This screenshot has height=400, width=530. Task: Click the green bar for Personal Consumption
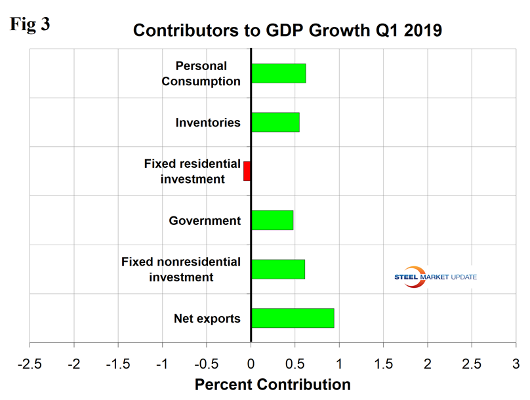coord(278,73)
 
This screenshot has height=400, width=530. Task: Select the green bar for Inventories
coord(275,123)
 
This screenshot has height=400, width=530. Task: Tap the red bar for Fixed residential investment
coord(247,171)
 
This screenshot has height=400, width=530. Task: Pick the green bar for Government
coord(272,220)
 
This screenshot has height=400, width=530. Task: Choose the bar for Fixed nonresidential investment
coord(277,270)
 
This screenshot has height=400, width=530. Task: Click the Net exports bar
coord(293,318)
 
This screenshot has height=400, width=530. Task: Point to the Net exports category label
coord(207,319)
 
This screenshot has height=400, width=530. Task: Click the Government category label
coord(205,221)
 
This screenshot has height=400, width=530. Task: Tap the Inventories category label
coord(208,123)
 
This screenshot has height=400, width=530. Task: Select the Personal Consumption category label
coord(201,73)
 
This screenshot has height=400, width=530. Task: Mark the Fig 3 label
coord(31,24)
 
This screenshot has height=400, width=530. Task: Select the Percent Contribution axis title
coord(272,384)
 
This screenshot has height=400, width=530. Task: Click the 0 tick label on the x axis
coord(251,363)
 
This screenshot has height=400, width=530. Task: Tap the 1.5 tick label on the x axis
coord(383,363)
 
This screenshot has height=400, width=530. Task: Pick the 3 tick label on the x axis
coord(516,363)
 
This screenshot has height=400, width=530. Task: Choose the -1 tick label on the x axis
coord(162,363)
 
